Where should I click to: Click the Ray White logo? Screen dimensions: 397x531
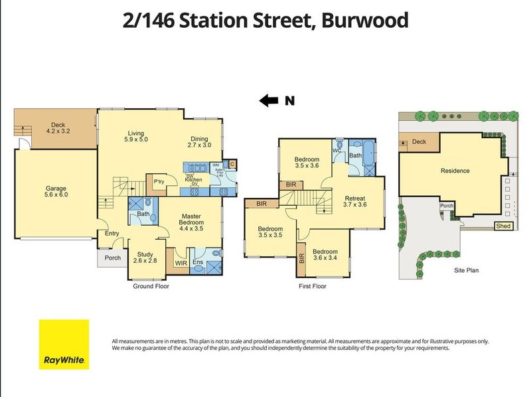[64, 344]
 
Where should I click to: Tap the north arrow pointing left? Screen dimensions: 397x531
[268, 101]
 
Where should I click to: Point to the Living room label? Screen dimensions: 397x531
[135, 135]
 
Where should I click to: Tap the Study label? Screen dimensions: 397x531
[145, 258]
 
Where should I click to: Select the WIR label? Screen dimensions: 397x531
[181, 263]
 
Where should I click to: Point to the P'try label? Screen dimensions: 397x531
[159, 182]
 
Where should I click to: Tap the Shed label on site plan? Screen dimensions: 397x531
[504, 226]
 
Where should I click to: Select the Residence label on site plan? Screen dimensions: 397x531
[455, 171]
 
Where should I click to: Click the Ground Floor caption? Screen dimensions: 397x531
[151, 286]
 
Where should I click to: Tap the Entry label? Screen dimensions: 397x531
[112, 233]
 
